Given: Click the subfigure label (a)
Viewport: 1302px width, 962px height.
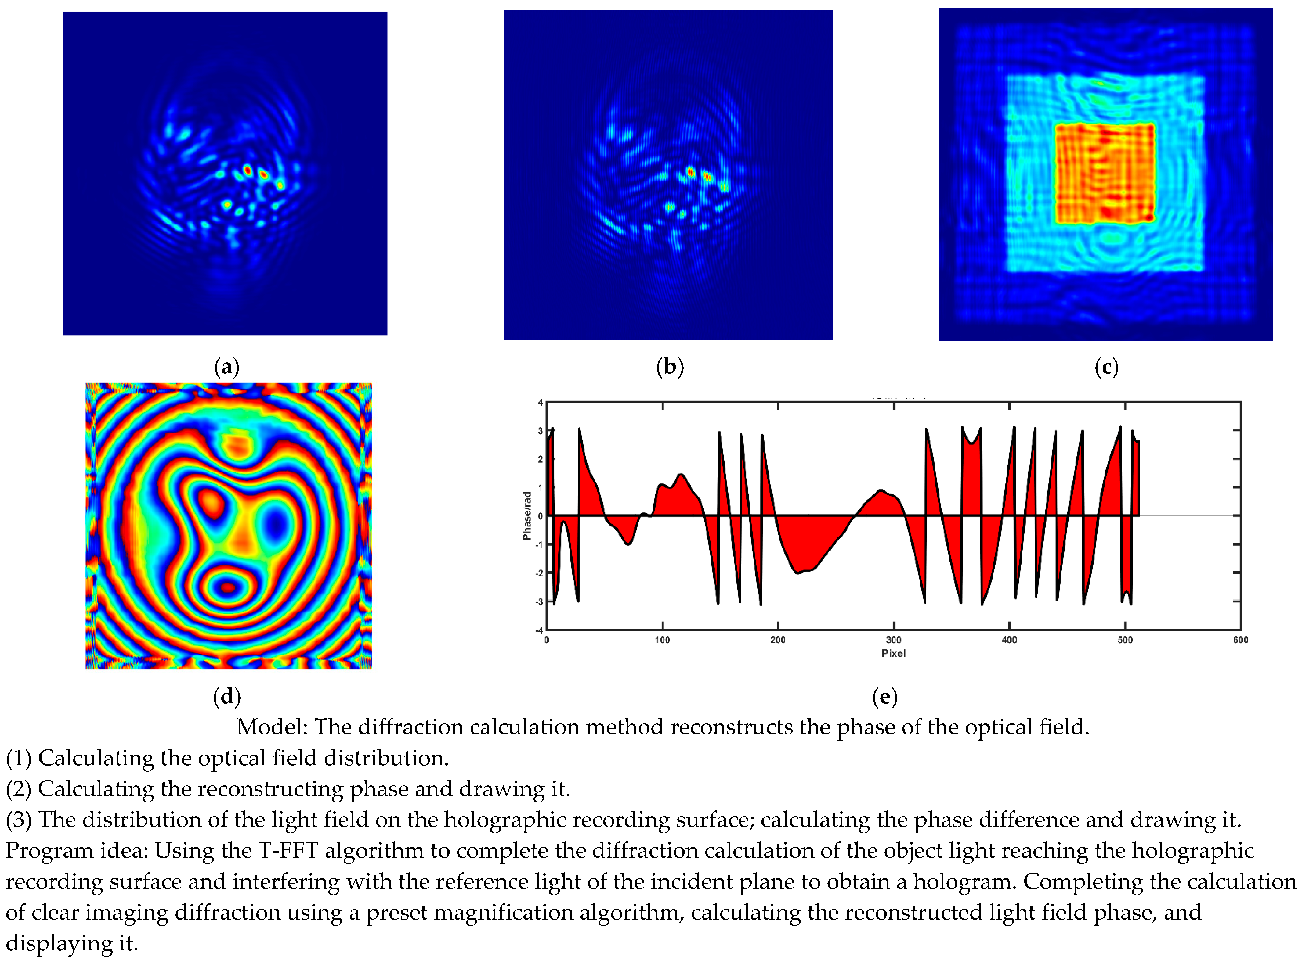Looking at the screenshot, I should [x=226, y=368].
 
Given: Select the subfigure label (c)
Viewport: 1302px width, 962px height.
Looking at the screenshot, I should [x=1106, y=368].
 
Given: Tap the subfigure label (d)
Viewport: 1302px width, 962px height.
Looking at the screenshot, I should [x=226, y=696].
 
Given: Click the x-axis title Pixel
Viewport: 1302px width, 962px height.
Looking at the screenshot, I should [x=893, y=653].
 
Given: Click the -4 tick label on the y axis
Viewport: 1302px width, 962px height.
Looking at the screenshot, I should [x=539, y=630].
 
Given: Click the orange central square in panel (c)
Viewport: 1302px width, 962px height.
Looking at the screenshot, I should [x=1105, y=174].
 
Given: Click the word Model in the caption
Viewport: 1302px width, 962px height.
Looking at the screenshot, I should [x=271, y=727].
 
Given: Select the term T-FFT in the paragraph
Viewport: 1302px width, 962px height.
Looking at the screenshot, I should [x=288, y=851].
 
